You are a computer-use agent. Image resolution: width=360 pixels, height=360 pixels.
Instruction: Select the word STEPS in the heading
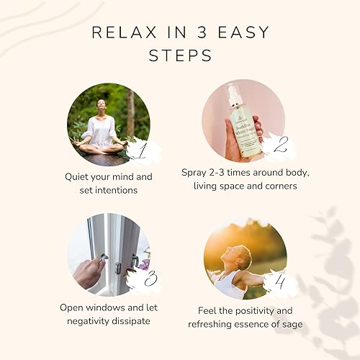coord(179,55)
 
